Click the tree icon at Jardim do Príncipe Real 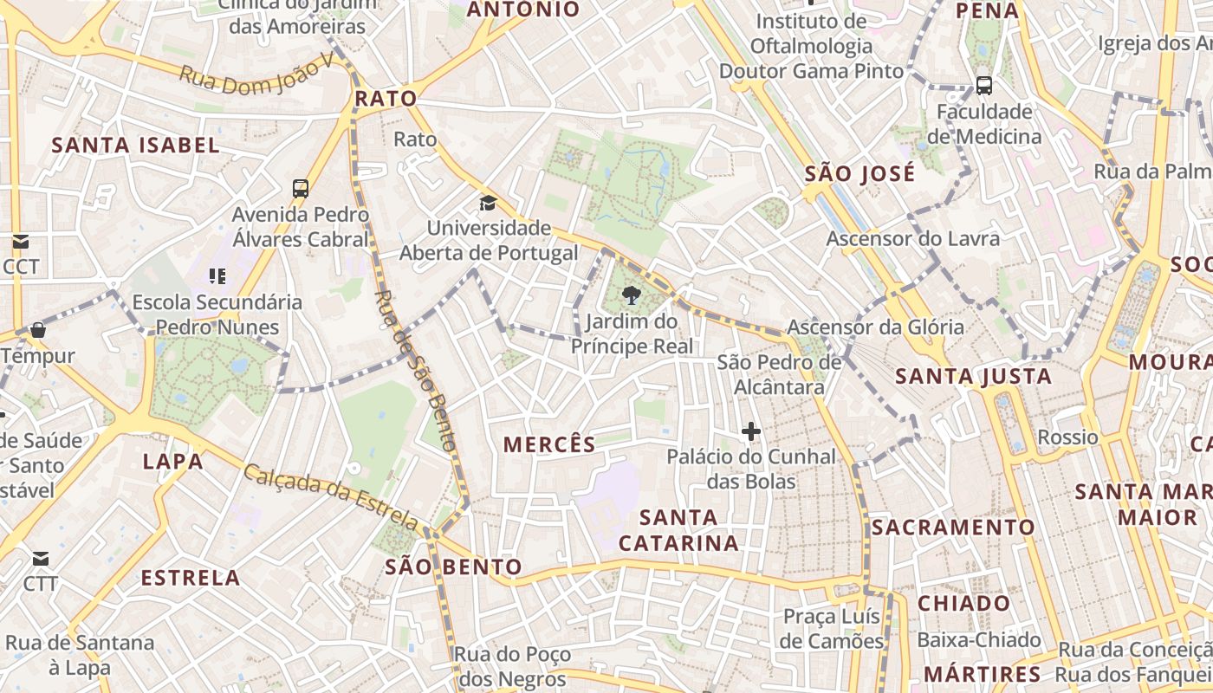[632, 296]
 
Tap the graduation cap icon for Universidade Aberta [489, 204]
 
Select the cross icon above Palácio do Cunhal [751, 431]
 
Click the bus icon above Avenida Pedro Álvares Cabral [301, 188]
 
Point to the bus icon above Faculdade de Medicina [984, 85]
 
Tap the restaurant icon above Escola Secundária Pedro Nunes [217, 276]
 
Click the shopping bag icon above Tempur [38, 330]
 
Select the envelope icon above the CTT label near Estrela [41, 558]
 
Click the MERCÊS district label [549, 444]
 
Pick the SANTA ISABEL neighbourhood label [136, 145]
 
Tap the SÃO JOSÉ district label [859, 174]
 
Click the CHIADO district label [964, 603]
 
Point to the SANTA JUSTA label [974, 376]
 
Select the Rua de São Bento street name [413, 370]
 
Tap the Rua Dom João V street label [256, 74]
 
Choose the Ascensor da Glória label [875, 327]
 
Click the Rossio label [1067, 437]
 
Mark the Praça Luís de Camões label [832, 629]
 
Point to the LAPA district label [173, 461]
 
